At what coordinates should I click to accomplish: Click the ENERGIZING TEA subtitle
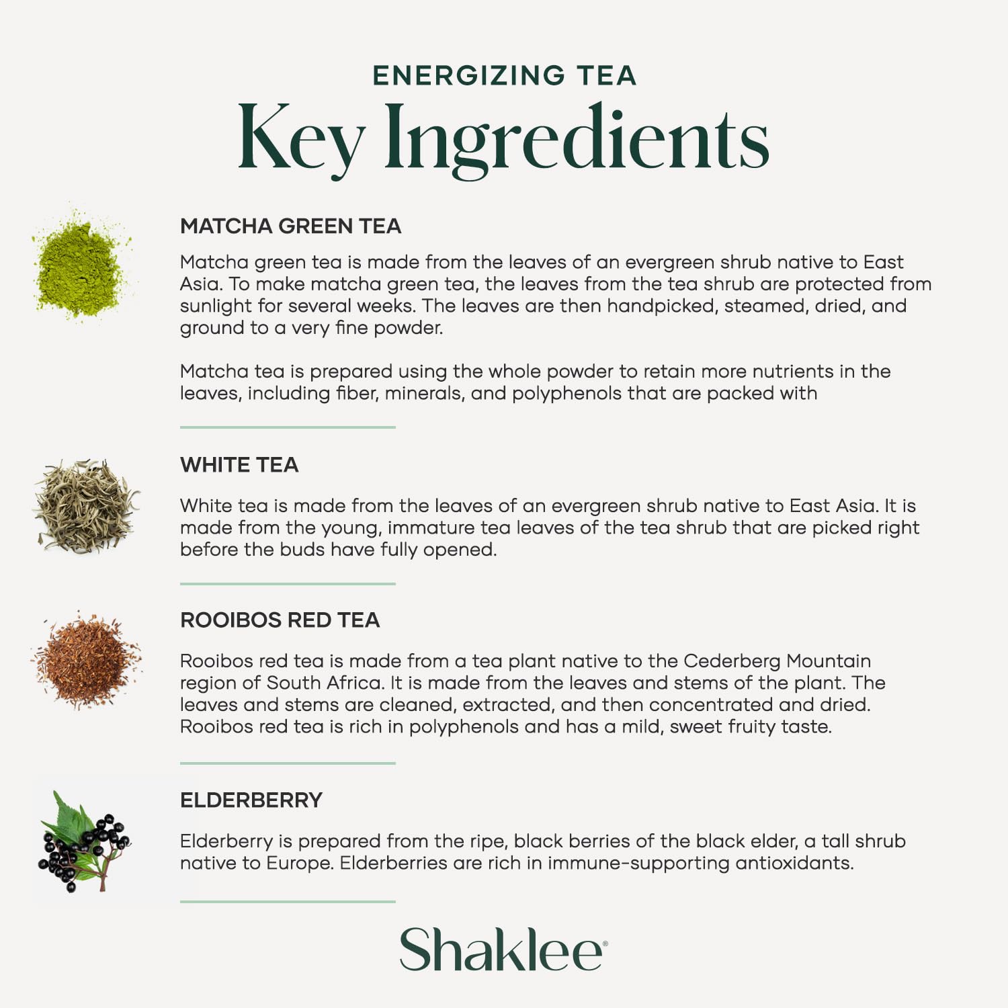point(504,75)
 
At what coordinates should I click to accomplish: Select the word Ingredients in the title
point(577,139)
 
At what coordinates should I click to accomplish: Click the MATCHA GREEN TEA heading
point(290,226)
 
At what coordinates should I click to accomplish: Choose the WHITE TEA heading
point(239,465)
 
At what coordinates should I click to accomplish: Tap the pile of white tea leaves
point(85,505)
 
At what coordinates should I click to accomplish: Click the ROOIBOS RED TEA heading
point(280,620)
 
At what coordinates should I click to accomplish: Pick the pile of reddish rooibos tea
point(86,660)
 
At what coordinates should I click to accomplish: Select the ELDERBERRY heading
point(251,800)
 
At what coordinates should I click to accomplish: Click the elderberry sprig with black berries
point(83,843)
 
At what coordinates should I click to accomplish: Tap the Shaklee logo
point(503,950)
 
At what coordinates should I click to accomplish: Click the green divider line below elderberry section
point(288,901)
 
